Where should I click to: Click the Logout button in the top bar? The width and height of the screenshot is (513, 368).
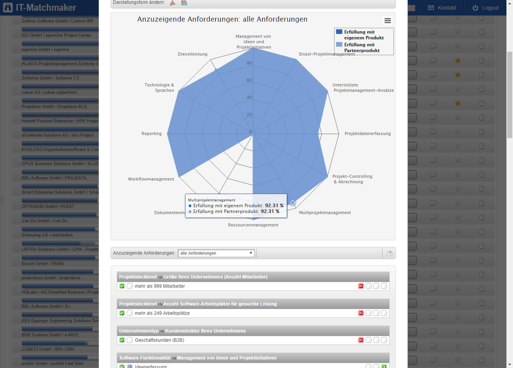coord(485,8)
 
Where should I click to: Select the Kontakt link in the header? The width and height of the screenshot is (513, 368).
coord(442,8)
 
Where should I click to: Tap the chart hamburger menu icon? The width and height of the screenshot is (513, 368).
coord(387,21)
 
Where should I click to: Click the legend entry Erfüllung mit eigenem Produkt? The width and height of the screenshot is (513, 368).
coord(363,35)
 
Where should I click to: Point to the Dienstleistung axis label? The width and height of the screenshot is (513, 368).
coord(193,54)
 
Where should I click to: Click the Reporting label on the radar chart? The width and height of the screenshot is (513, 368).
coord(151,133)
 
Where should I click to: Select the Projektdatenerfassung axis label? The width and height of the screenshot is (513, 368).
coord(367,133)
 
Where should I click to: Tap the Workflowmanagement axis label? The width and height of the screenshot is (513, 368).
coord(151,179)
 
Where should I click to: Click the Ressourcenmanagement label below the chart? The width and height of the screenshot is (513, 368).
coord(253,225)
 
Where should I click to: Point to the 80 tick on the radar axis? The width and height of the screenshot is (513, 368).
coord(249,64)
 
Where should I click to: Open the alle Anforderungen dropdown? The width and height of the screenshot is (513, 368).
coord(216,253)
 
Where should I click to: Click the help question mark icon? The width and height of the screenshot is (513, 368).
coord(389,254)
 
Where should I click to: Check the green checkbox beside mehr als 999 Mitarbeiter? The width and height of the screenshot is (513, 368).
coord(122,286)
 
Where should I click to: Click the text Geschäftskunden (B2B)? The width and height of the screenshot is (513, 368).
coord(159,340)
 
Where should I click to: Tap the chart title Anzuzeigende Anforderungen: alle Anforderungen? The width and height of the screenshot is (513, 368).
coord(222,19)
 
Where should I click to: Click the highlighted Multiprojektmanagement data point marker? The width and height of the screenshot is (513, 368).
coord(292,203)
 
